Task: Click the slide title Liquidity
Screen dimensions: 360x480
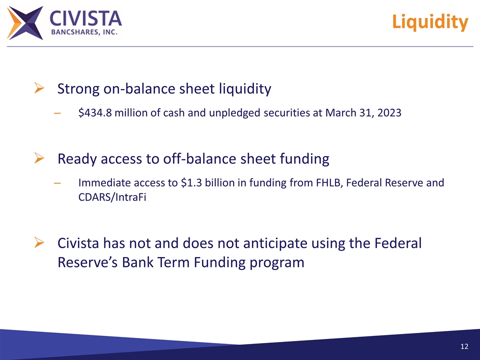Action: [430, 22]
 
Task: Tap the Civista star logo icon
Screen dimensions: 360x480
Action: [25, 22]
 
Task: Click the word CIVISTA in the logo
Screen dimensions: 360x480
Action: [85, 18]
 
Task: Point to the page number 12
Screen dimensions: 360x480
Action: [464, 347]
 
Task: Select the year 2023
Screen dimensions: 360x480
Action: [388, 113]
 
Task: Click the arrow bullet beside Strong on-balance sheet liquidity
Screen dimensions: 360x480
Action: [38, 89]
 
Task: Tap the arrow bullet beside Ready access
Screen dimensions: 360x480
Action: [38, 159]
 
